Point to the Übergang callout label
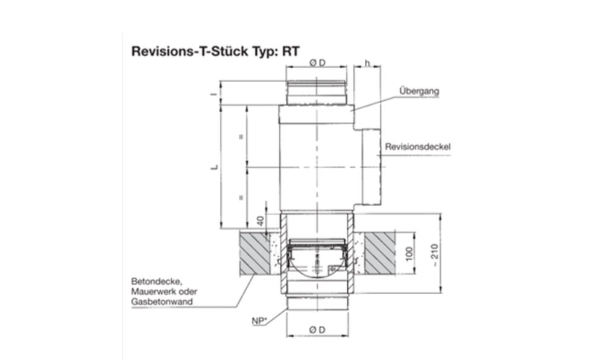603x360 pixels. [x=418, y=91]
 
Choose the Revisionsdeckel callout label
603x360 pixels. [x=418, y=147]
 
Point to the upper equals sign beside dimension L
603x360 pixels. [x=241, y=137]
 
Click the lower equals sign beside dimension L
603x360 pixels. [x=241, y=197]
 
